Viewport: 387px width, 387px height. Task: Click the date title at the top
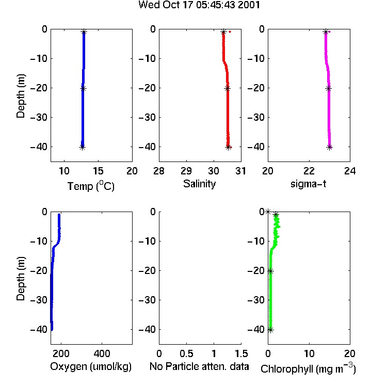pyautogui.click(x=199, y=5)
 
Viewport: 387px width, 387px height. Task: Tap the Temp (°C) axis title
pyautogui.click(x=91, y=186)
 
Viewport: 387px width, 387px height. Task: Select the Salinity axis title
pyautogui.click(x=199, y=184)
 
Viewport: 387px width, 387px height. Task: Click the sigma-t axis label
pyautogui.click(x=308, y=184)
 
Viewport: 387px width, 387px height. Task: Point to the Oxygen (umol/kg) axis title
pyautogui.click(x=91, y=366)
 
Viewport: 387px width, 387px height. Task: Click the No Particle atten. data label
pyautogui.click(x=199, y=366)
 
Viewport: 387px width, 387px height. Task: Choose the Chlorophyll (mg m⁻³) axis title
pyautogui.click(x=308, y=368)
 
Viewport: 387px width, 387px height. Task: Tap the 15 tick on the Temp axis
pyautogui.click(x=98, y=171)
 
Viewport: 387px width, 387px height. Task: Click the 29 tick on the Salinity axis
pyautogui.click(x=186, y=171)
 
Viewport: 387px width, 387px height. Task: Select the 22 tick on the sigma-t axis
pyautogui.click(x=309, y=171)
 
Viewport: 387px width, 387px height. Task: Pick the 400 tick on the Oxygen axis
pyautogui.click(x=102, y=353)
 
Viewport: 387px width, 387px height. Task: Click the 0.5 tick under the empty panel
pyautogui.click(x=186, y=353)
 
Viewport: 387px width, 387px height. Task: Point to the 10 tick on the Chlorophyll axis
pyautogui.click(x=309, y=353)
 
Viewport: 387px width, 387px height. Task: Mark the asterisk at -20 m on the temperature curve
pyautogui.click(x=83, y=88)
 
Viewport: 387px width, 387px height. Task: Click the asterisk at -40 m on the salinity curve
pyautogui.click(x=228, y=148)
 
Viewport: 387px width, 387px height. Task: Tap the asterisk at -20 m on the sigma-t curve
pyautogui.click(x=328, y=88)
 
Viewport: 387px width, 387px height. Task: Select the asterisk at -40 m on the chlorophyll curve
pyautogui.click(x=270, y=330)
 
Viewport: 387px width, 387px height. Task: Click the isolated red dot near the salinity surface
pyautogui.click(x=230, y=31)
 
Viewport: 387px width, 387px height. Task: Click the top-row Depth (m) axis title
pyautogui.click(x=21, y=96)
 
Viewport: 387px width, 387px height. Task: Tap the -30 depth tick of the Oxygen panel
pyautogui.click(x=39, y=300)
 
